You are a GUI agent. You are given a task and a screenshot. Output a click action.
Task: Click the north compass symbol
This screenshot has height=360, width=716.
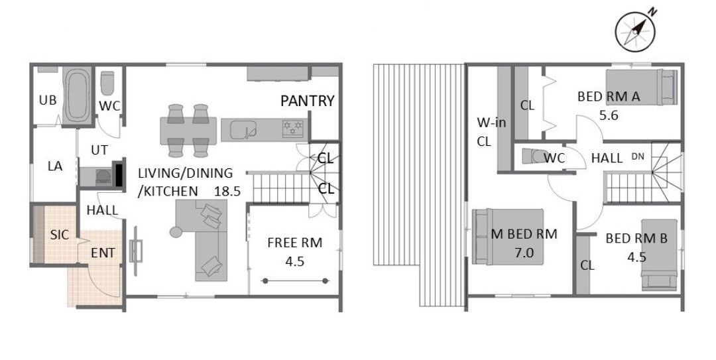636,31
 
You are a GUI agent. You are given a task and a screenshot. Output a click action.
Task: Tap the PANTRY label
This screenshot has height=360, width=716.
308,101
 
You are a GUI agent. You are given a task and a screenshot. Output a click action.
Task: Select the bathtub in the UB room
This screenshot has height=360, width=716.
77,95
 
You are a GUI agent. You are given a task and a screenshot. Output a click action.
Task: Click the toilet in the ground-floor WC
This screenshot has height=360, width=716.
107,83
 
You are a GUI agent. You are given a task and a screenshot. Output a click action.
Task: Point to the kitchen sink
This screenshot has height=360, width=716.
243,130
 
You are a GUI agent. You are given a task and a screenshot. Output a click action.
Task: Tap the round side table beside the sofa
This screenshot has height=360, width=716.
176,231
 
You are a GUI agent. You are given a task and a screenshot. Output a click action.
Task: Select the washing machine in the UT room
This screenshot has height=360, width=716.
103,177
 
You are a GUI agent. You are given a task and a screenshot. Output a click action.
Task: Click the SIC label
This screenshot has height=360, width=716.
60,235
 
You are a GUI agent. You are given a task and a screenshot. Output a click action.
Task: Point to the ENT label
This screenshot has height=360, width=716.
103,253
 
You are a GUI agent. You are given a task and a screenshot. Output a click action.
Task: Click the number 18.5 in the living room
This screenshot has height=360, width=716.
227,191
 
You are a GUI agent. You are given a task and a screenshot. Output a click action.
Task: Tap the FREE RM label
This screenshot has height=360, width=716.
294,243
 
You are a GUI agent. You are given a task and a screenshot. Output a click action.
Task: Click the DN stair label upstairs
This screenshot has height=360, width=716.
638,156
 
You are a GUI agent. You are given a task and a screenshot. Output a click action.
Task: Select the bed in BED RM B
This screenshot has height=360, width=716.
659,255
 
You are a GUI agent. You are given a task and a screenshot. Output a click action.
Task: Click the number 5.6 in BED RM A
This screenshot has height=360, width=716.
609,115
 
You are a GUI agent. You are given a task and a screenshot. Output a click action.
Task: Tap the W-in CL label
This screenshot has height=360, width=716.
491,132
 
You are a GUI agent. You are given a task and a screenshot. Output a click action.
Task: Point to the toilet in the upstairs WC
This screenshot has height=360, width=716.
534,156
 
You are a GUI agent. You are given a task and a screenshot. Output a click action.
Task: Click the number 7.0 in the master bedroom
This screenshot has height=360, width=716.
524,253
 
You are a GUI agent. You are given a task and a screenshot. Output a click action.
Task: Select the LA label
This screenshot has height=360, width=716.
55,166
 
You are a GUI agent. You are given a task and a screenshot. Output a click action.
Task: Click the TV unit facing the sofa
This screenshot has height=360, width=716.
136,251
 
